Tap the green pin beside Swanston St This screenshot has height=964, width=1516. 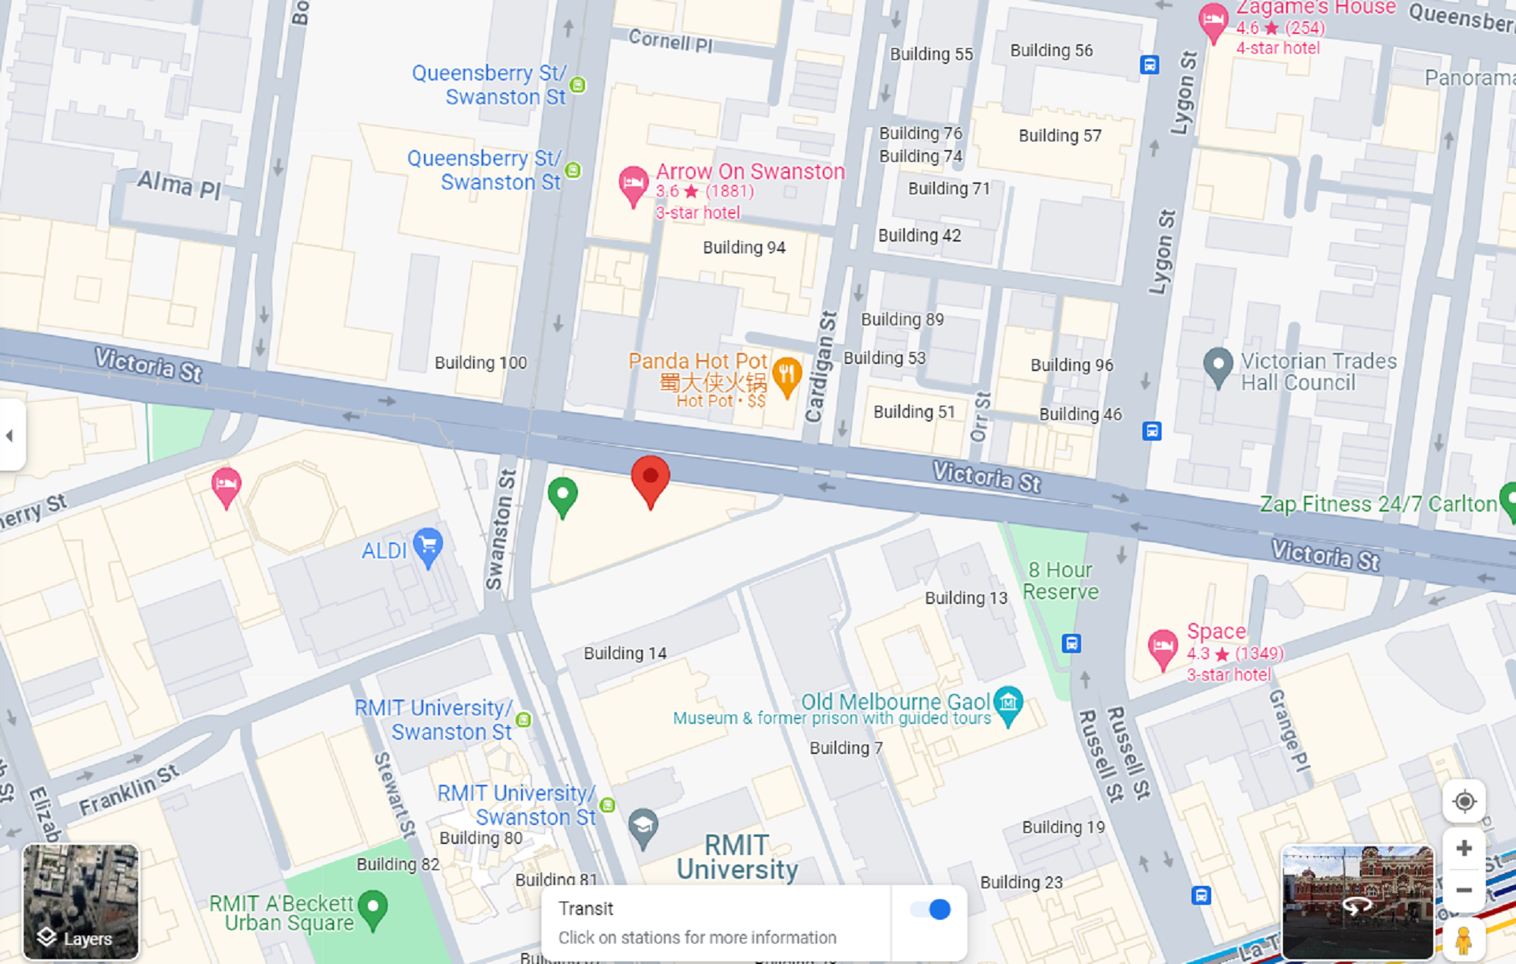(562, 496)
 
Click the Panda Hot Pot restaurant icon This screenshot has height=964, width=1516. (787, 376)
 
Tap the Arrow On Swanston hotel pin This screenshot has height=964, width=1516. (632, 185)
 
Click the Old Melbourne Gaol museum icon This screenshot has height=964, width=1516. (1008, 703)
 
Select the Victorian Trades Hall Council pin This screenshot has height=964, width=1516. (1218, 366)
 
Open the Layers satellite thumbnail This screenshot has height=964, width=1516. (81, 901)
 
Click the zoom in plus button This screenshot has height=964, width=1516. (1463, 849)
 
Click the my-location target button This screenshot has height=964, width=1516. (1463, 801)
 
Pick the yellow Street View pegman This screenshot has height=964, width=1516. (1463, 941)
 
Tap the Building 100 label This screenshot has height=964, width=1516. (480, 363)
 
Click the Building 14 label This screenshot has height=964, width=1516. (625, 654)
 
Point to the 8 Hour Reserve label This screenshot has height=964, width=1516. (1060, 581)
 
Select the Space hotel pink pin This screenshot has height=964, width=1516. (1162, 647)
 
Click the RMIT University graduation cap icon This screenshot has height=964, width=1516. (644, 827)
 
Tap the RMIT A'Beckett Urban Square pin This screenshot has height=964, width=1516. (373, 908)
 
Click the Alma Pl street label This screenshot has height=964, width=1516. (178, 186)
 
